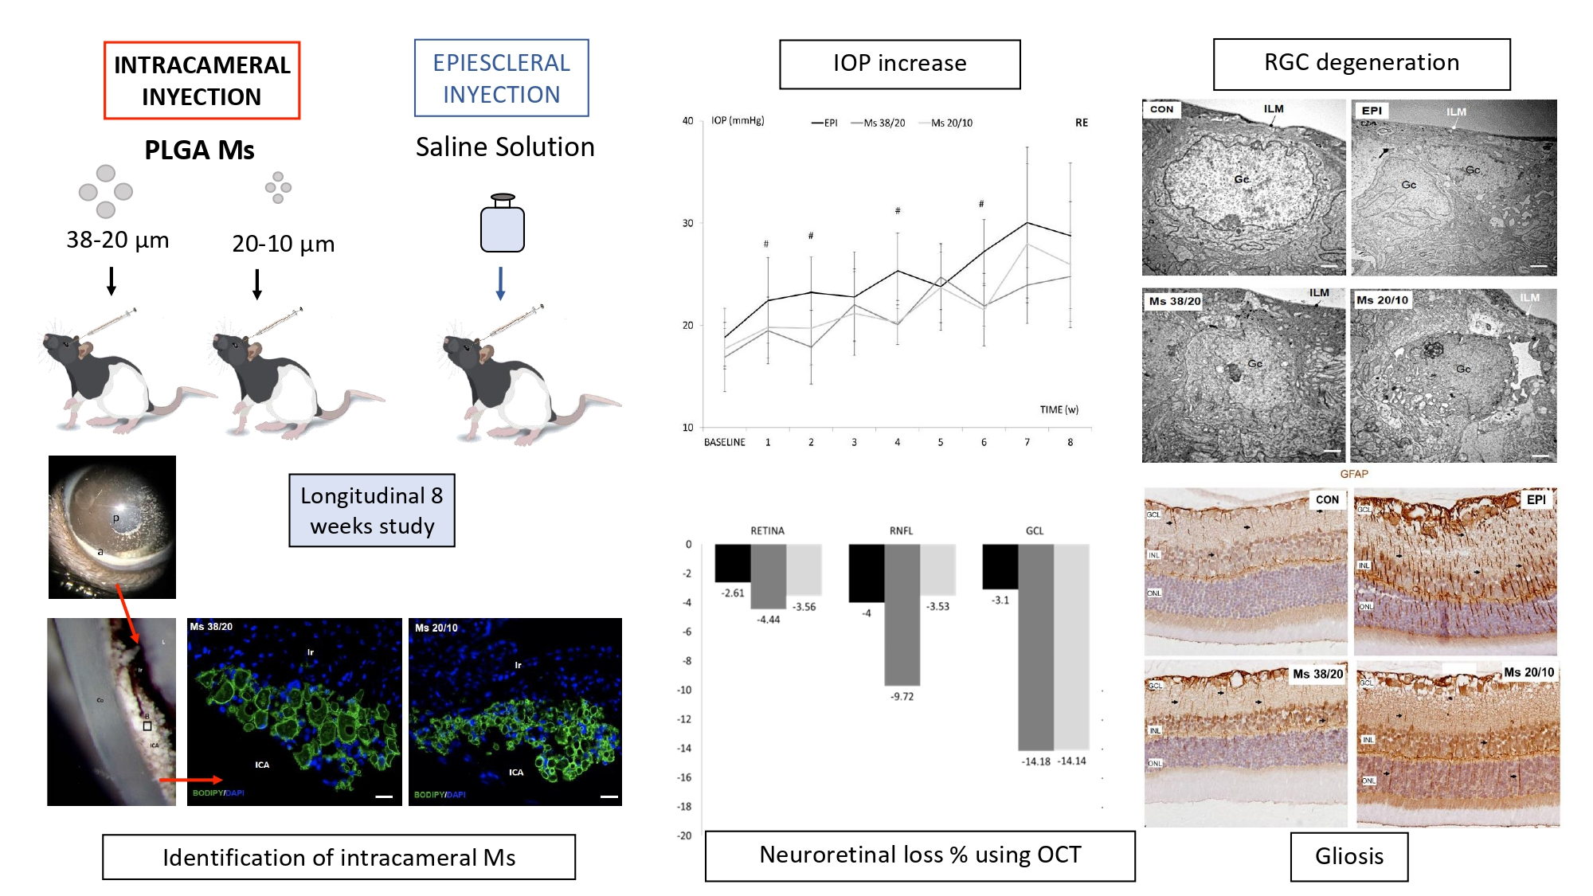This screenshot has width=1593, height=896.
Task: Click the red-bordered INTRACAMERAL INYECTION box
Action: click(x=202, y=80)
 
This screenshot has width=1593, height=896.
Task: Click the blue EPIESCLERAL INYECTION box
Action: click(x=501, y=78)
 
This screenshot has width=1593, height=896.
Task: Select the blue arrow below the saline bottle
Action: click(x=500, y=284)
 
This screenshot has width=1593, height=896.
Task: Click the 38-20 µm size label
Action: click(x=117, y=240)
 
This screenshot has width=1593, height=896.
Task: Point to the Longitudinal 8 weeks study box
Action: click(x=372, y=511)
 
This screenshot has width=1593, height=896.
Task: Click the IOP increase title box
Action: click(x=899, y=64)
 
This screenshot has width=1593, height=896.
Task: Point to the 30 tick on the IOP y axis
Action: click(x=687, y=223)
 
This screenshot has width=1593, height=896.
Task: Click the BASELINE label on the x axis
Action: click(x=724, y=442)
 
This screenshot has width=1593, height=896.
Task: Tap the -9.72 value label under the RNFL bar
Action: click(x=902, y=696)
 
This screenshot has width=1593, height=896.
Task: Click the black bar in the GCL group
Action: click(x=1000, y=566)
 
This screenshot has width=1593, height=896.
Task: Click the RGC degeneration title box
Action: click(x=1361, y=64)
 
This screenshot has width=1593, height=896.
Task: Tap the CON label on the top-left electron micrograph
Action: click(x=1161, y=109)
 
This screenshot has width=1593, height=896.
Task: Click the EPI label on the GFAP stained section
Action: click(x=1536, y=499)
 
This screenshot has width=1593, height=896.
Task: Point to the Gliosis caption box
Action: click(x=1348, y=856)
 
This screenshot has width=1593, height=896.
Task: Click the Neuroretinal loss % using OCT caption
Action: click(x=920, y=855)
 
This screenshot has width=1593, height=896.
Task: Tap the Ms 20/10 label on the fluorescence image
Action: click(x=436, y=628)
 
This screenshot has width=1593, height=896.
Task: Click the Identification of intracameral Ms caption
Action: click(x=339, y=857)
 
